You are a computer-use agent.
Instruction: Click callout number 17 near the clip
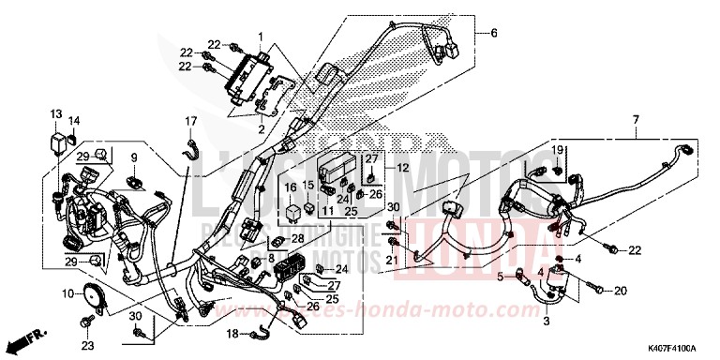(x=190, y=121)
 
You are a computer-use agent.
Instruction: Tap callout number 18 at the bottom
(x=232, y=333)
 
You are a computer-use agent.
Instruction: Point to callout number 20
(x=619, y=292)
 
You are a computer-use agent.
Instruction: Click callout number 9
(x=134, y=155)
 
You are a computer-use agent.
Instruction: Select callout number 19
(x=555, y=150)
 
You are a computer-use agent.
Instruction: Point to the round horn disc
(x=94, y=296)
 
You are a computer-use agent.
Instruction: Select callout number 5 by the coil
(x=500, y=276)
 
